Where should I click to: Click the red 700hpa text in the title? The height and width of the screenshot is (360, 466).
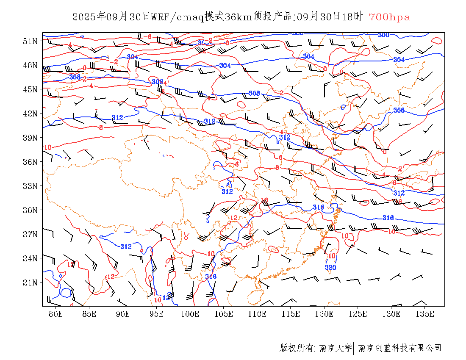(x=390, y=17)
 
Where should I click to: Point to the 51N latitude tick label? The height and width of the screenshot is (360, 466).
(x=30, y=41)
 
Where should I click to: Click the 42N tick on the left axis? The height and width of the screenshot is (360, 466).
(x=30, y=114)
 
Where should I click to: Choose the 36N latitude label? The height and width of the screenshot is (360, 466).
(x=30, y=162)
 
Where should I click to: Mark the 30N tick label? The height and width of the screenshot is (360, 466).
(x=30, y=210)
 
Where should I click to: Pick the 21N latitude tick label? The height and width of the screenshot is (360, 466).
(x=30, y=282)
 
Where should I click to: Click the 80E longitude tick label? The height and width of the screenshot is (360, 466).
(x=55, y=314)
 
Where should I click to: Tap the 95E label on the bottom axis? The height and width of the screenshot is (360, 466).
(x=156, y=314)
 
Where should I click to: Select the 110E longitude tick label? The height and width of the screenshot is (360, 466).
(x=257, y=314)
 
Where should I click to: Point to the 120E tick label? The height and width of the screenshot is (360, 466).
(x=325, y=314)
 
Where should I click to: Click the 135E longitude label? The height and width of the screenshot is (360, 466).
(x=425, y=314)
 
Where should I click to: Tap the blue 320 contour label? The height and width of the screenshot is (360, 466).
(x=330, y=267)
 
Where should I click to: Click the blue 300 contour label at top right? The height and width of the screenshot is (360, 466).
(x=383, y=35)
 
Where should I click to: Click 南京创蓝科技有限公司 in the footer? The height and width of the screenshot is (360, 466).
(x=400, y=348)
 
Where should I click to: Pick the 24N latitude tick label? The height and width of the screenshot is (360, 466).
(x=30, y=258)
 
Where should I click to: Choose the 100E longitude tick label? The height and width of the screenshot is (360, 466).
(x=190, y=314)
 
